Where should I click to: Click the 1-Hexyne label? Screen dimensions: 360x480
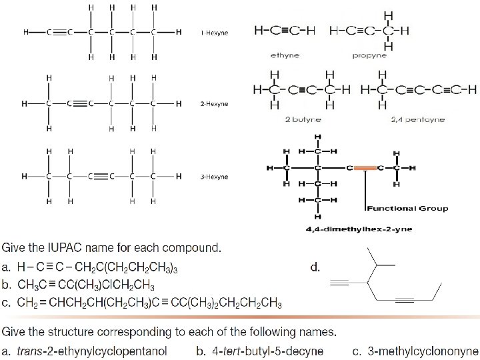[x=214, y=32]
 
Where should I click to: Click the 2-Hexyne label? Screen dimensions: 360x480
[x=214, y=104]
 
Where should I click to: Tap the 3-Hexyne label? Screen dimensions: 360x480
[x=214, y=177]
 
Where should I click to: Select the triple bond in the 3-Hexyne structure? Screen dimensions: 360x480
[x=100, y=177]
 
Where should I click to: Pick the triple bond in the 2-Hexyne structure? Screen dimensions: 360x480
[x=79, y=104]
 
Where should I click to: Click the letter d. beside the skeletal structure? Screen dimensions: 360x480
[x=316, y=268]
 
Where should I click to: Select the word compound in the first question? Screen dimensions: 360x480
[x=194, y=248]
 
